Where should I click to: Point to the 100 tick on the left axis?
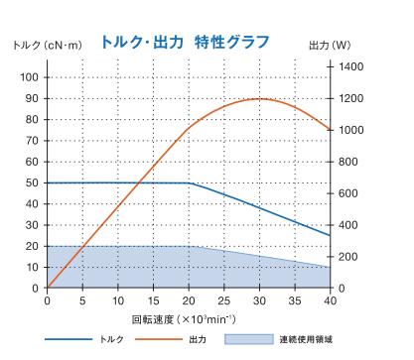point(30,77)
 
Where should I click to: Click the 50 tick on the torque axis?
point(33,182)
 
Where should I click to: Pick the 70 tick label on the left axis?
point(33,141)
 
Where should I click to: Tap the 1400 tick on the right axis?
point(351,65)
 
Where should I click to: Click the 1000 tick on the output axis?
point(351,130)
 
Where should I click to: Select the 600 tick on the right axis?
point(348,193)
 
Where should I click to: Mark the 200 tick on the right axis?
point(348,257)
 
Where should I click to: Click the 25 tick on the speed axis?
point(224,300)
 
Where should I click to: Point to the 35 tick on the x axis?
point(295,300)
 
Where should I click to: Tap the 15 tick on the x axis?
point(153,300)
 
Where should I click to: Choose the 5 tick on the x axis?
point(82,300)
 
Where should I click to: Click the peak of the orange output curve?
point(260,98)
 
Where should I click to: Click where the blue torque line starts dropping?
point(189,182)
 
